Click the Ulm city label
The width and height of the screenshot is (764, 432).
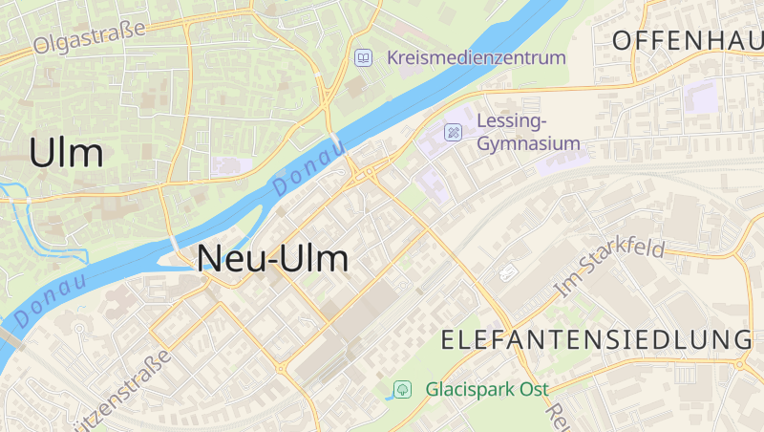click(66, 153)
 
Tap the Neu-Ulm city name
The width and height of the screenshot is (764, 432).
click(272, 259)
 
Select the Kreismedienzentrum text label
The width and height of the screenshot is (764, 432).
click(477, 57)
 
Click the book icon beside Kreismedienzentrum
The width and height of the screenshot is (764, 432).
click(363, 57)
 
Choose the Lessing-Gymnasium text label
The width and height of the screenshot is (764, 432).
click(528, 132)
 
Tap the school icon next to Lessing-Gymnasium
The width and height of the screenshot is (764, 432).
click(454, 132)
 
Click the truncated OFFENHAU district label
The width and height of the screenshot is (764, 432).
click(688, 40)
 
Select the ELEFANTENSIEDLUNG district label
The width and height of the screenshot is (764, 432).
click(597, 339)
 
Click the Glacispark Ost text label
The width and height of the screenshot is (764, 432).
click(487, 389)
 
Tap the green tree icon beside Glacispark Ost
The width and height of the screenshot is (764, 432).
click(402, 389)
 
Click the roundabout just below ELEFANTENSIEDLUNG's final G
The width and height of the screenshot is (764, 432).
click(741, 364)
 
